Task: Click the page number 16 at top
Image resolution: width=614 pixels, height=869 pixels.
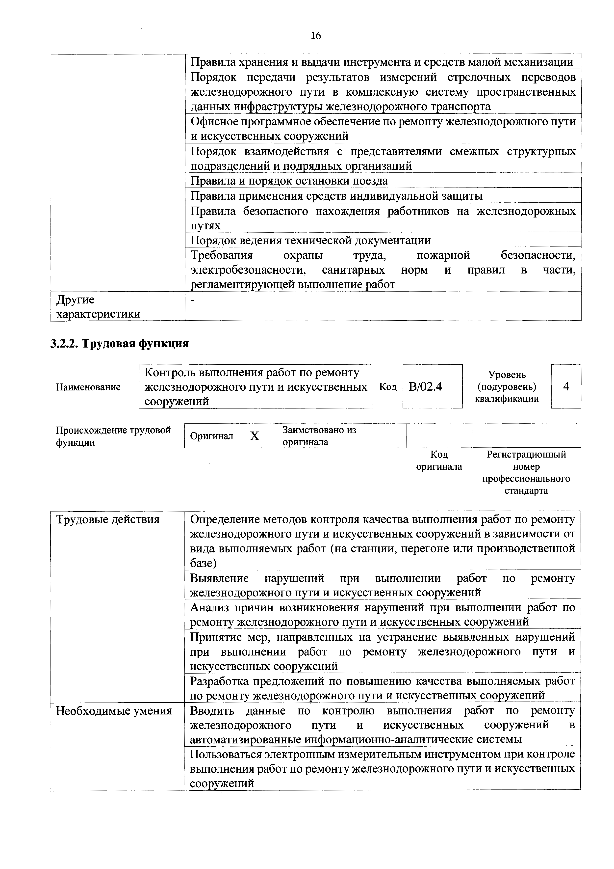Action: click(x=315, y=36)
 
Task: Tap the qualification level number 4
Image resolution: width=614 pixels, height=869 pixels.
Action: click(x=566, y=386)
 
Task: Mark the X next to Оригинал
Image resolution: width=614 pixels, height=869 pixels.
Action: click(x=255, y=436)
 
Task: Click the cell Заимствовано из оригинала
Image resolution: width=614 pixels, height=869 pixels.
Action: click(x=320, y=436)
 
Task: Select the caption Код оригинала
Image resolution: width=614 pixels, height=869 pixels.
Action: click(x=439, y=460)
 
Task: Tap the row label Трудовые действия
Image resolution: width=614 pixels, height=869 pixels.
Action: click(x=108, y=519)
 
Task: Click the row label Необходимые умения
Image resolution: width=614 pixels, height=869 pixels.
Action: click(x=114, y=711)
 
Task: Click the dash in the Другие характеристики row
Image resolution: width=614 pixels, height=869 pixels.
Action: click(x=194, y=300)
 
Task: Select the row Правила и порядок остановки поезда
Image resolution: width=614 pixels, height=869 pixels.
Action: click(x=289, y=181)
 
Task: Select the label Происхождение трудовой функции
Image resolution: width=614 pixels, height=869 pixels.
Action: click(x=113, y=436)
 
